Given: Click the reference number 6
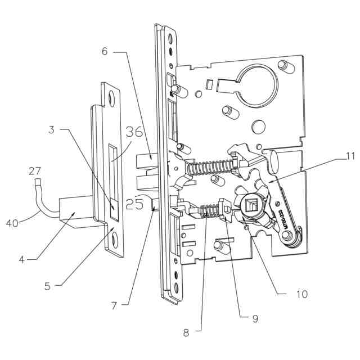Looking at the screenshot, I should (105, 51).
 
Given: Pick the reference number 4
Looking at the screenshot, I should (21, 259).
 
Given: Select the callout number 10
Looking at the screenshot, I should (301, 294).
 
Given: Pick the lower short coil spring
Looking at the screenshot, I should (210, 212).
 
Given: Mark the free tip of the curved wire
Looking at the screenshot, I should (38, 182).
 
